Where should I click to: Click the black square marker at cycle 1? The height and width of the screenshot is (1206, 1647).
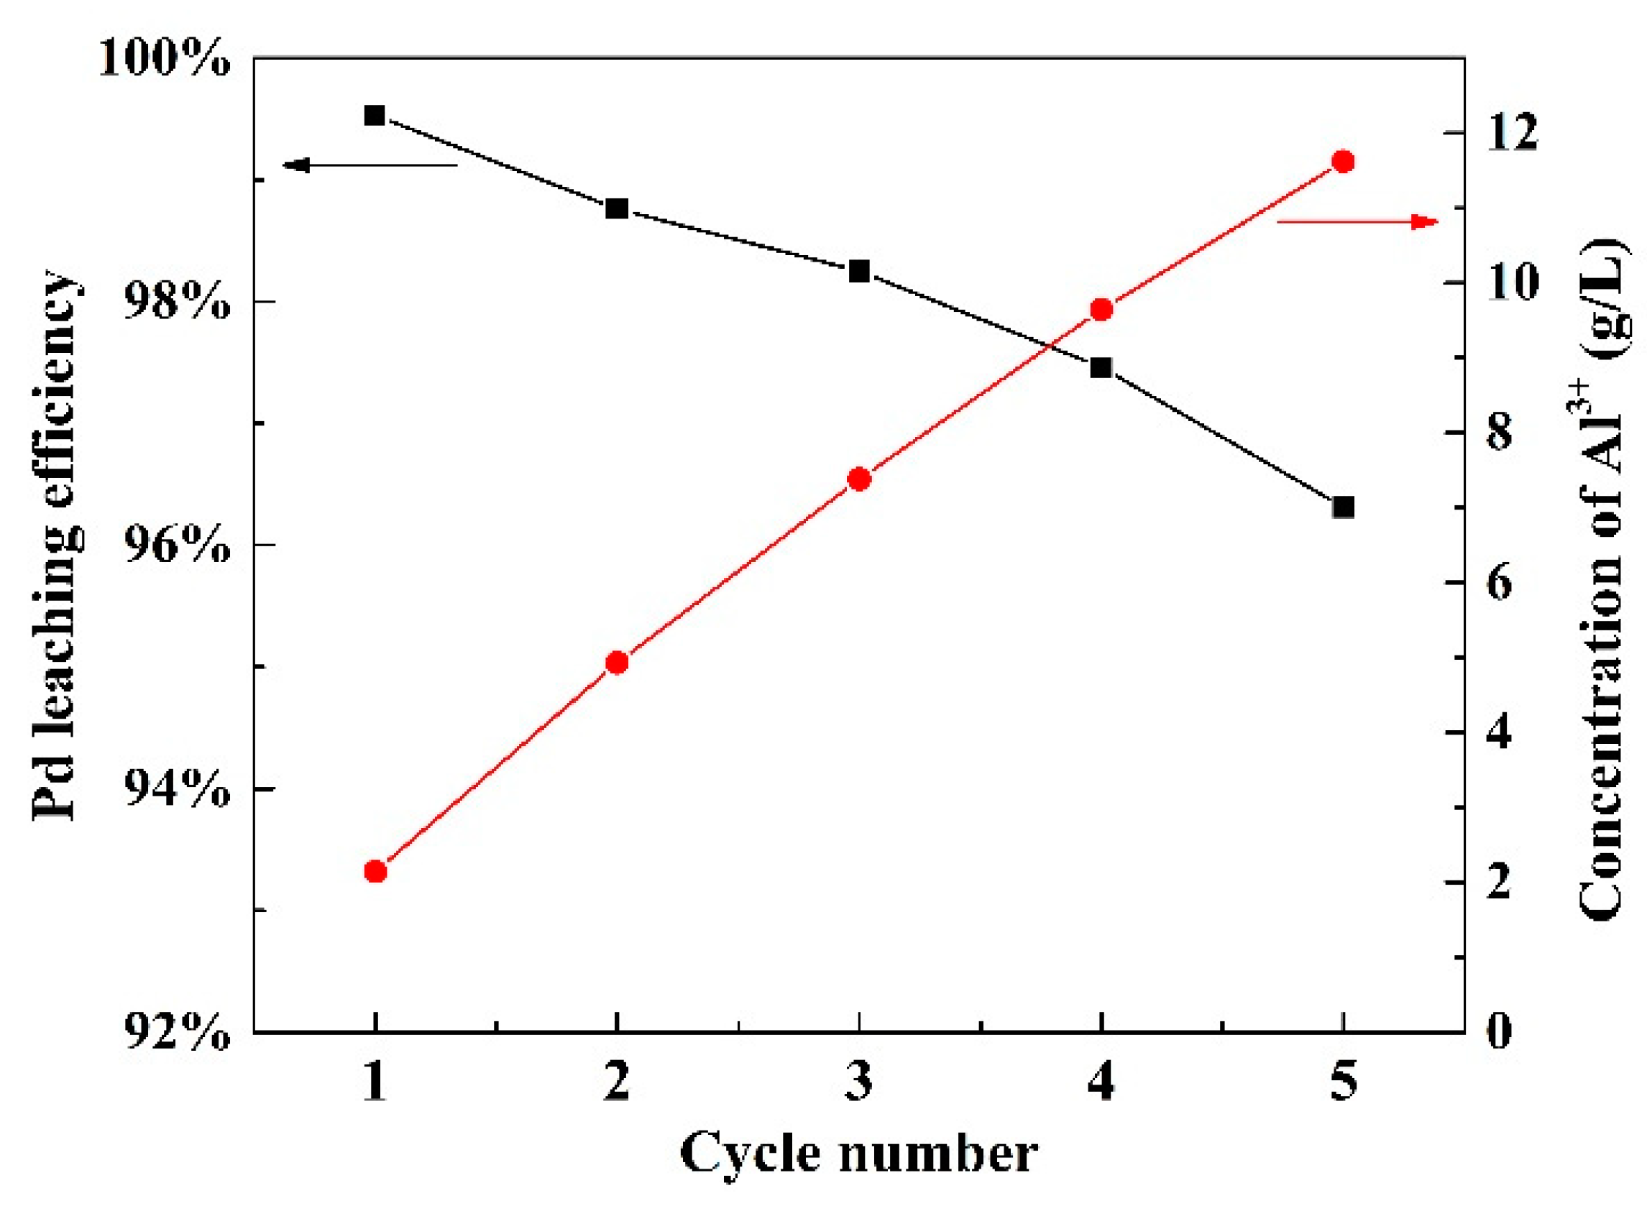375,115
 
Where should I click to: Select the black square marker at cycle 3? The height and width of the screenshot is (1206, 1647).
859,272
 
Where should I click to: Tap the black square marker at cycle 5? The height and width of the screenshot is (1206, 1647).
1344,507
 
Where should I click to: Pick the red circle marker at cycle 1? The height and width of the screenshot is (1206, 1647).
375,871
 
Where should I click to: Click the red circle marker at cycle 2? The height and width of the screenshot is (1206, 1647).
618,663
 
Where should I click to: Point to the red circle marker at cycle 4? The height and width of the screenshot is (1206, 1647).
1101,310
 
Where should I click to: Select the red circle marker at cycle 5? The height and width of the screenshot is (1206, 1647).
1344,161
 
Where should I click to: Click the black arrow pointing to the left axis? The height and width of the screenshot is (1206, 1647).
370,166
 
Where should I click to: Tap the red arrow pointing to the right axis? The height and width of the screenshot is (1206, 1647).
1357,222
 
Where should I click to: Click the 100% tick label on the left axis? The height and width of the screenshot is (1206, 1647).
164,58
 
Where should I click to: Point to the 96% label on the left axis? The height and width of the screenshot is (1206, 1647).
176,546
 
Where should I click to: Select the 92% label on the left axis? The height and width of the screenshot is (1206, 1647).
176,1032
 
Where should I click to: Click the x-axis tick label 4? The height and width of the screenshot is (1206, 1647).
1101,1080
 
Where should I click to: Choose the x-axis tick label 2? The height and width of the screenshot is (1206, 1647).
618,1080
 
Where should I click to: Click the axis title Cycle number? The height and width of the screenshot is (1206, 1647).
858,1154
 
